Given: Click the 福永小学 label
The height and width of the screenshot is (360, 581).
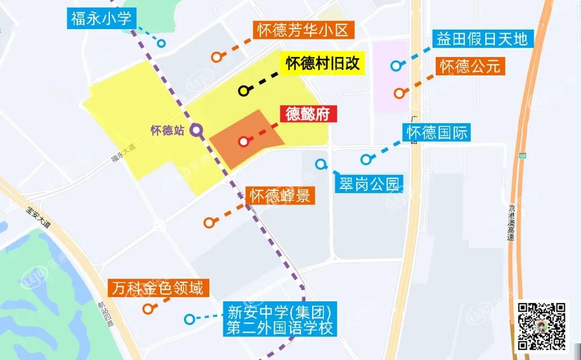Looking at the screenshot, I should pyautogui.click(x=101, y=19).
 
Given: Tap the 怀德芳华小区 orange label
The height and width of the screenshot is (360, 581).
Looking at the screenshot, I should pyautogui.click(x=304, y=30).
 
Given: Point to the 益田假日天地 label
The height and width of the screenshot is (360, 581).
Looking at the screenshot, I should pyautogui.click(x=483, y=39).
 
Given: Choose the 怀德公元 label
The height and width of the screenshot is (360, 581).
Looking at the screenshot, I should pyautogui.click(x=470, y=66).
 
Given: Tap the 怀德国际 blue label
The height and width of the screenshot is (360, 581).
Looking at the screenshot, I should pyautogui.click(x=437, y=132).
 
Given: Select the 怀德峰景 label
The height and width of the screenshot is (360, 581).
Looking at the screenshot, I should pyautogui.click(x=281, y=196).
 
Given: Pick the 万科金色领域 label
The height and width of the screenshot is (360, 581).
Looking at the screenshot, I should pyautogui.click(x=158, y=288).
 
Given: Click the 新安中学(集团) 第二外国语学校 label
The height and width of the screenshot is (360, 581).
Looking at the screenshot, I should pyautogui.click(x=280, y=320).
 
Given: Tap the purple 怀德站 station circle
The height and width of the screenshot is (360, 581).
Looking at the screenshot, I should pyautogui.click(x=196, y=130).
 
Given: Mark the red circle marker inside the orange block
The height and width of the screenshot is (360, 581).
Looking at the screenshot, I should pyautogui.click(x=243, y=142).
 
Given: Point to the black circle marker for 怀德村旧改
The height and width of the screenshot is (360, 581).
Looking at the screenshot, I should pyautogui.click(x=243, y=90).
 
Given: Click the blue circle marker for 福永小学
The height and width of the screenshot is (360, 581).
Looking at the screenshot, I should pyautogui.click(x=160, y=44).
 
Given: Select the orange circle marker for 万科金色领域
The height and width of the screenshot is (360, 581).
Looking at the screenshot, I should pyautogui.click(x=148, y=309).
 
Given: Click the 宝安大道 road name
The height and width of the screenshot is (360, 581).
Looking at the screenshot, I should pyautogui.click(x=38, y=217).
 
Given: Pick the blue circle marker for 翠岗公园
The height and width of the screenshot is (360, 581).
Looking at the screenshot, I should pyautogui.click(x=321, y=164).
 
